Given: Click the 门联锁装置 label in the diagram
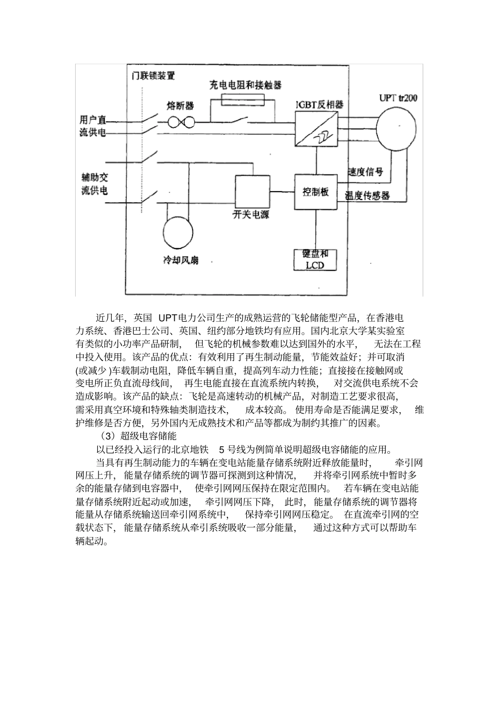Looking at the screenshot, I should coord(153,75).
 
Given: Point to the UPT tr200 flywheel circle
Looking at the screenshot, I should coord(399,128).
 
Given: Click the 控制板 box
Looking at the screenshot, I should coord(316,192).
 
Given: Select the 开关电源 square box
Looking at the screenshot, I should coord(252,193).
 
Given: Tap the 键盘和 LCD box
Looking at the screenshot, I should coord(315,260).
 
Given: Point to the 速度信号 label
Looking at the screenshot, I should coord(365,172).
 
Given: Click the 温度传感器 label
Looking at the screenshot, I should coord(367,195).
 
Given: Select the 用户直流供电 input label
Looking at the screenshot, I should coord(89,126).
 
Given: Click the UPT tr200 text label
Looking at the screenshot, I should coord(398,98).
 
